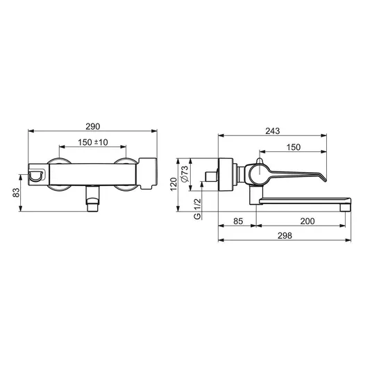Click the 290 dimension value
pyautogui.click(x=93, y=127)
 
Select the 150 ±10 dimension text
pyautogui.click(x=93, y=142)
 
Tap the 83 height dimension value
pyautogui.click(x=16, y=192)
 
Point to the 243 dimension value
pyautogui.click(x=273, y=131)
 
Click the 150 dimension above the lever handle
pyautogui.click(x=294, y=147)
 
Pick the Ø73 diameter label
pyautogui.click(x=185, y=174)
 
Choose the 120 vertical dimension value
pyautogui.click(x=174, y=184)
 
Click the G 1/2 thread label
pyautogui.click(x=197, y=209)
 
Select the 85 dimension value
pyautogui.click(x=238, y=221)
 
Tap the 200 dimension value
pyautogui.click(x=307, y=221)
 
